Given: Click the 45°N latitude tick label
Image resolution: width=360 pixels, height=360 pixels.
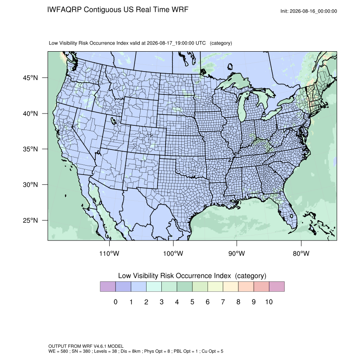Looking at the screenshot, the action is (30, 78).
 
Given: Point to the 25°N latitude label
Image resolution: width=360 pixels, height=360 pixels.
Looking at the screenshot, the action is (30, 220).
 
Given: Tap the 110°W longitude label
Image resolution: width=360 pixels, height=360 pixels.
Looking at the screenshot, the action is (109, 253).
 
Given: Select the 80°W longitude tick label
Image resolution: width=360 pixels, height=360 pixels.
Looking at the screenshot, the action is (301, 253).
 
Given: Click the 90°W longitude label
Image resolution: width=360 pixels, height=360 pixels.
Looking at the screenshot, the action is (236, 253).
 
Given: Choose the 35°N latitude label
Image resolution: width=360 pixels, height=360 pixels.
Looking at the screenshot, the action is (30, 149).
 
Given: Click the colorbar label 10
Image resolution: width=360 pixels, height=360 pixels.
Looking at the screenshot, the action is (269, 302).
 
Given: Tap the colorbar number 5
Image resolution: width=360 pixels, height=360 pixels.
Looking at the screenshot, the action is (192, 302).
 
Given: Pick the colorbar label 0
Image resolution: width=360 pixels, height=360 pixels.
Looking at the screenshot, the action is (116, 302).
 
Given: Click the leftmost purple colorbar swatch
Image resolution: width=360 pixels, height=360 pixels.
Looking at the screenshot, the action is (108, 287).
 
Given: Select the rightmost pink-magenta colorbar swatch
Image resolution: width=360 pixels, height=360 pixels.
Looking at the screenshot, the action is (277, 287).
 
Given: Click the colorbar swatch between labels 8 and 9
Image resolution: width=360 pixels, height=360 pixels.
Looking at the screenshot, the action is (246, 287).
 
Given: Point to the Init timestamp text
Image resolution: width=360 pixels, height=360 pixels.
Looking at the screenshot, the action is (309, 11).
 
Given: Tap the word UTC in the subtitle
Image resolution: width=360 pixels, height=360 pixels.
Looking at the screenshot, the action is (200, 43).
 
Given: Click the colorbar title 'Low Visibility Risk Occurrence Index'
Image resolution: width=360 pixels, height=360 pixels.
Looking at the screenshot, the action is (174, 276).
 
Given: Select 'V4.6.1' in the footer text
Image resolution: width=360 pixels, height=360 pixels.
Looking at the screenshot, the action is (100, 346).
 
